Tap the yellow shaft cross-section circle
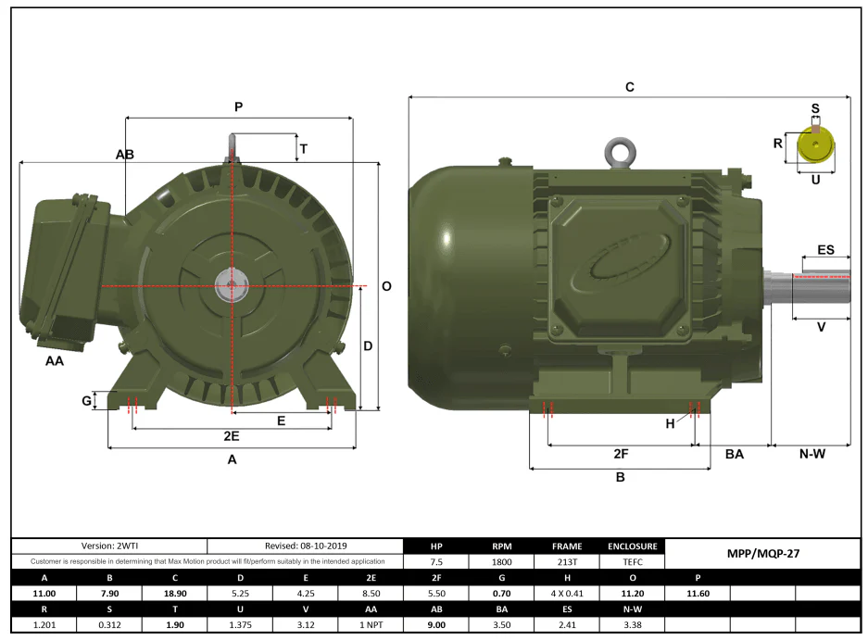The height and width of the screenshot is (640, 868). pos(815,145)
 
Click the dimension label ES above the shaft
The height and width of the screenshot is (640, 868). pos(825,250)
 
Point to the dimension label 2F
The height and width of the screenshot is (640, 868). pos(621,454)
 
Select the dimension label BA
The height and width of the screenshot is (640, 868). pos(734,455)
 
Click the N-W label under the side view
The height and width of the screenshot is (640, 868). pos(812,454)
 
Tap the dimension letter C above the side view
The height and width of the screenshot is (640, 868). pos(629,87)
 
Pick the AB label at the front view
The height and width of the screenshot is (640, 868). pos(124,155)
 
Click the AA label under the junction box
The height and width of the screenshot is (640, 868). pos(55,361)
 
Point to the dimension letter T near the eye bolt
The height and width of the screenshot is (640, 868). pos(303,149)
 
